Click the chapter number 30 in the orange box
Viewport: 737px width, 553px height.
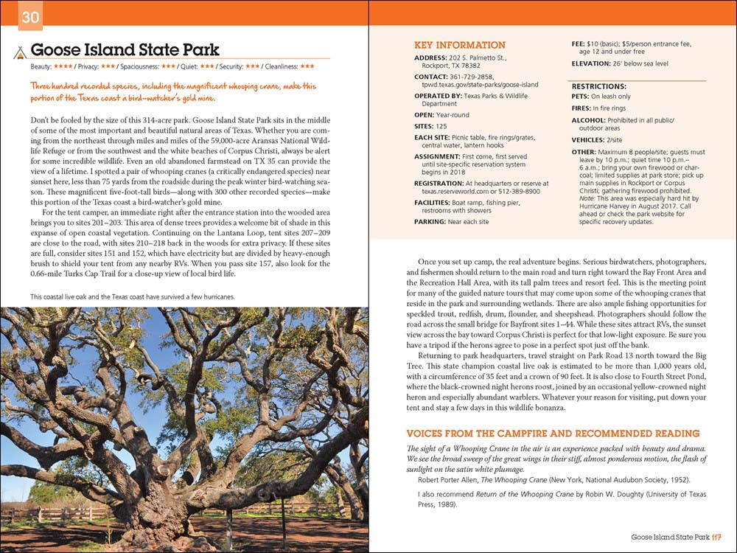click(30, 18)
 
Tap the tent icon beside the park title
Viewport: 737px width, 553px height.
click(20, 52)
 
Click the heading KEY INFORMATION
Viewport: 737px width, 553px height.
click(460, 45)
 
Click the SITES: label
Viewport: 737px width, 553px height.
click(425, 126)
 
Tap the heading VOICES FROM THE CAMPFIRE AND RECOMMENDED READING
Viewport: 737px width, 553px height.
click(553, 434)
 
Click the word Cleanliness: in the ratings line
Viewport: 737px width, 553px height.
click(277, 66)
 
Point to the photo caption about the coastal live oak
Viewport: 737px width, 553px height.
click(133, 297)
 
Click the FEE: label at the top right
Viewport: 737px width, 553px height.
click(579, 44)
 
